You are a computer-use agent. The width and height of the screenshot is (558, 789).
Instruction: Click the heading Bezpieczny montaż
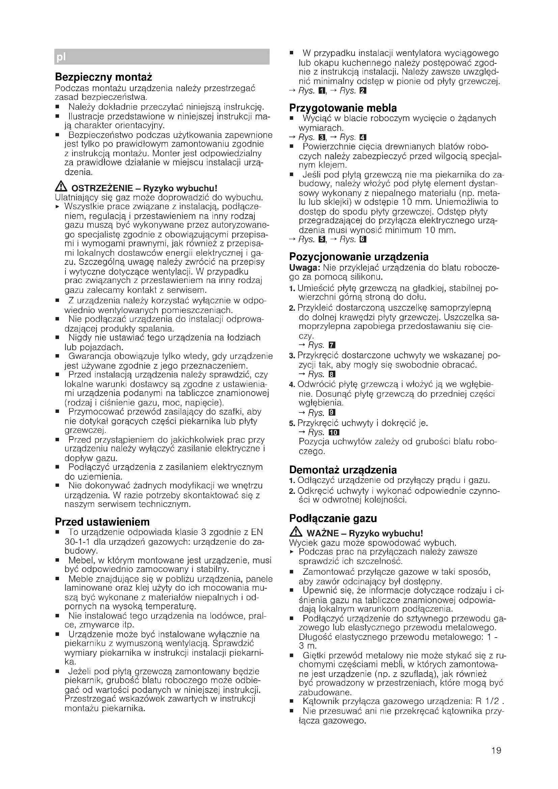[x=104, y=77]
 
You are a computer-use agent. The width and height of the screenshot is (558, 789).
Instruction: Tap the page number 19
[x=496, y=750]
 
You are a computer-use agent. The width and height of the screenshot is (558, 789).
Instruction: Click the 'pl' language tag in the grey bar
[x=61, y=57]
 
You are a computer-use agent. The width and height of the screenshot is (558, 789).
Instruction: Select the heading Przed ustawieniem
[x=102, y=522]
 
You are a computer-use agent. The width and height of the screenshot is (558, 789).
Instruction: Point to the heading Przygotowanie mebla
[x=342, y=108]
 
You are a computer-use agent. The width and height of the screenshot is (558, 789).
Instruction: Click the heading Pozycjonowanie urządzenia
[x=359, y=257]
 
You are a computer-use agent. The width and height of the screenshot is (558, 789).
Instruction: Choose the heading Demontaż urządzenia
[x=342, y=470]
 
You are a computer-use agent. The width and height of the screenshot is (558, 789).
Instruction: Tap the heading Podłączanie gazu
[x=333, y=518]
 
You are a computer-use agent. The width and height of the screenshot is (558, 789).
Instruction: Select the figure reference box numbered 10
[x=334, y=432]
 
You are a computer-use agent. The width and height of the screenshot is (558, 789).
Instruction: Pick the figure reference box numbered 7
[x=332, y=345]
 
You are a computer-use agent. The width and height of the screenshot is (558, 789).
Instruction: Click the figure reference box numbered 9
[x=332, y=413]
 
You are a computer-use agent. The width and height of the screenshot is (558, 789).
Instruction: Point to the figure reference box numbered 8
[x=332, y=374]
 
